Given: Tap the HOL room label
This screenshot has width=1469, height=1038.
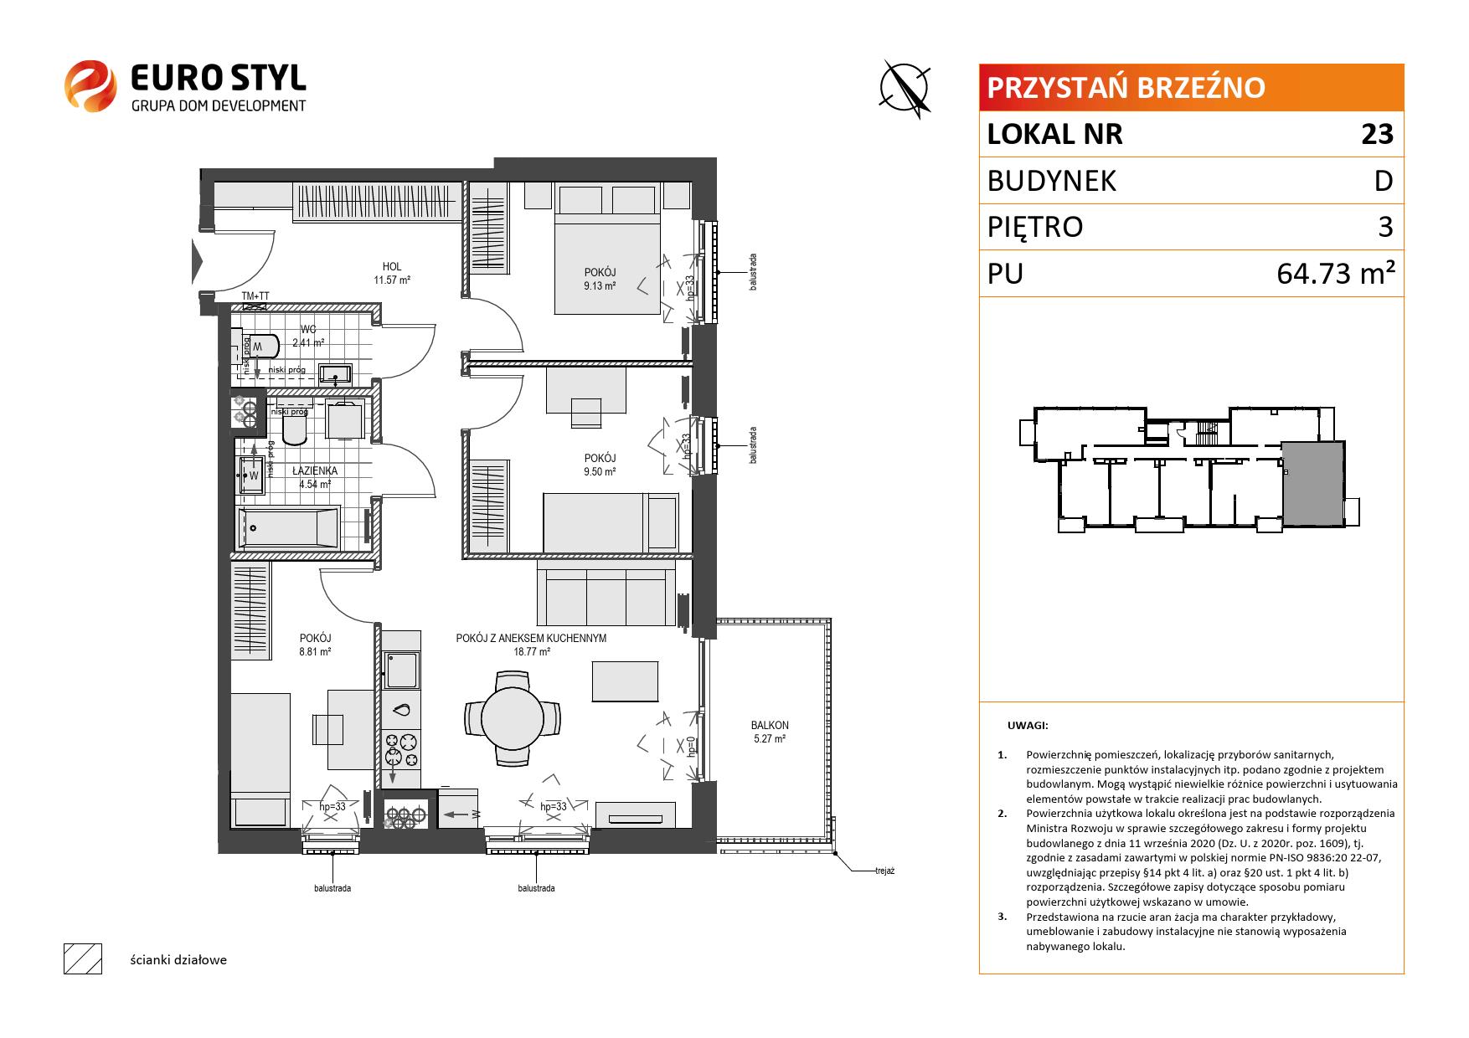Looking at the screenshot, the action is point(391,267).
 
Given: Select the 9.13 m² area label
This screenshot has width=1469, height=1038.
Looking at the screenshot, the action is point(600,286).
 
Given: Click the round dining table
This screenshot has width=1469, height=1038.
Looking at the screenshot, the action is point(513,717).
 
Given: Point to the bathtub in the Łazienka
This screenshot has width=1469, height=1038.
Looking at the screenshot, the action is point(289,527).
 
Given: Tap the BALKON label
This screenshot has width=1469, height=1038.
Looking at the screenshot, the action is point(770,726).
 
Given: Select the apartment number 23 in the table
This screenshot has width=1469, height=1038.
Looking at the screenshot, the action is point(1377,134).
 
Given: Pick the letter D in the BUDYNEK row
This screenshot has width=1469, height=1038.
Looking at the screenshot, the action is point(1384,181).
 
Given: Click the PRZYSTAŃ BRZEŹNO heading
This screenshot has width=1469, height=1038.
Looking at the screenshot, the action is point(1126,87).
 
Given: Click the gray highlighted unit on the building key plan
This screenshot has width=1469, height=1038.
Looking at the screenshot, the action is point(1312,485).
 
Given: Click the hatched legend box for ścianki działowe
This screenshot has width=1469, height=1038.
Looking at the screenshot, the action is point(83,958).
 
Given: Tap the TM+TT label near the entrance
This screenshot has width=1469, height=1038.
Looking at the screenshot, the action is point(255,296).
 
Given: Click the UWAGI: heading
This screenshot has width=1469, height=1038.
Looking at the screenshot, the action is point(1028,727).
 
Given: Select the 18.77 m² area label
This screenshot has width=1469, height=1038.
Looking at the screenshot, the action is point(532,651).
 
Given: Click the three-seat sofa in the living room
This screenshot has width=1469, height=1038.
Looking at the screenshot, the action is point(606,594).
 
